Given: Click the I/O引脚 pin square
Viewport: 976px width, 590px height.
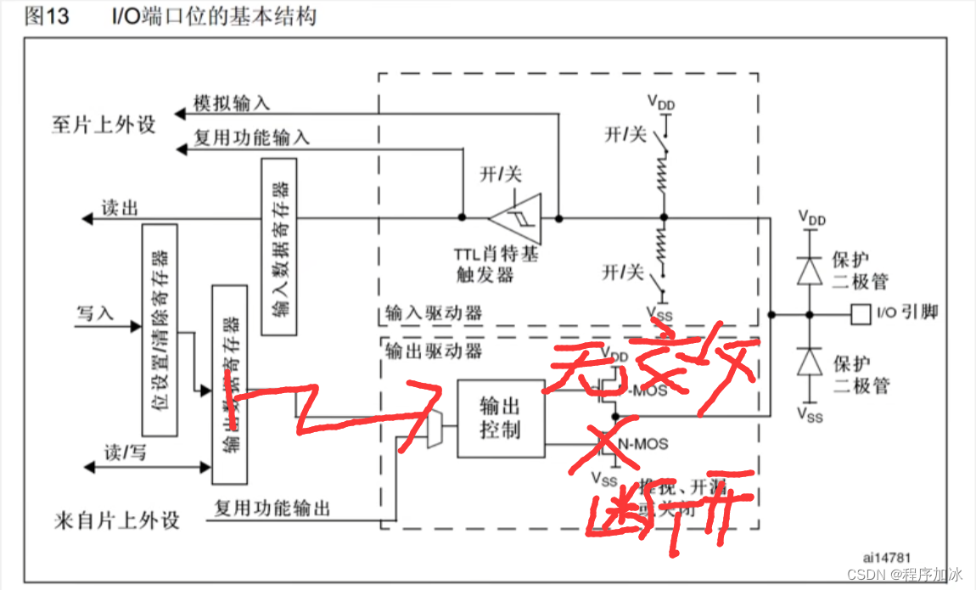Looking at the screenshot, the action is pyautogui.click(x=861, y=314).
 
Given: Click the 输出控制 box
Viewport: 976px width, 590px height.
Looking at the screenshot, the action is pyautogui.click(x=500, y=419).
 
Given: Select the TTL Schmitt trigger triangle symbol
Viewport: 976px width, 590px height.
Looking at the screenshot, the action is pyautogui.click(x=519, y=216).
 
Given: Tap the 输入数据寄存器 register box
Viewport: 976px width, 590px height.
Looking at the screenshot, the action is pyautogui.click(x=279, y=245).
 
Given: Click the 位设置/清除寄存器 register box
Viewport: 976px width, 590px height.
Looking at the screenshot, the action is pyautogui.click(x=160, y=330).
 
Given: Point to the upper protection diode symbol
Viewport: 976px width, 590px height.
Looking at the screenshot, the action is pyautogui.click(x=811, y=270).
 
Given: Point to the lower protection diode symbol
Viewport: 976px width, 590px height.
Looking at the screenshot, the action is pyautogui.click(x=811, y=364).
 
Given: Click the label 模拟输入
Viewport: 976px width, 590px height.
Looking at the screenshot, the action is pyautogui.click(x=232, y=104).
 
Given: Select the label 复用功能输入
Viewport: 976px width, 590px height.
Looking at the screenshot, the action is pyautogui.click(x=251, y=138).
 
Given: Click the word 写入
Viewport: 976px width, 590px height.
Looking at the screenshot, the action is pyautogui.click(x=95, y=314).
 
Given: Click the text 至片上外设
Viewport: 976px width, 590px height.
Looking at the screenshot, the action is pyautogui.click(x=103, y=125).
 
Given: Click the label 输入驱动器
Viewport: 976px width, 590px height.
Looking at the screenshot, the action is pyautogui.click(x=433, y=312).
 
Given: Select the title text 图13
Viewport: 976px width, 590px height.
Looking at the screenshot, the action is pyautogui.click(x=46, y=16).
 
